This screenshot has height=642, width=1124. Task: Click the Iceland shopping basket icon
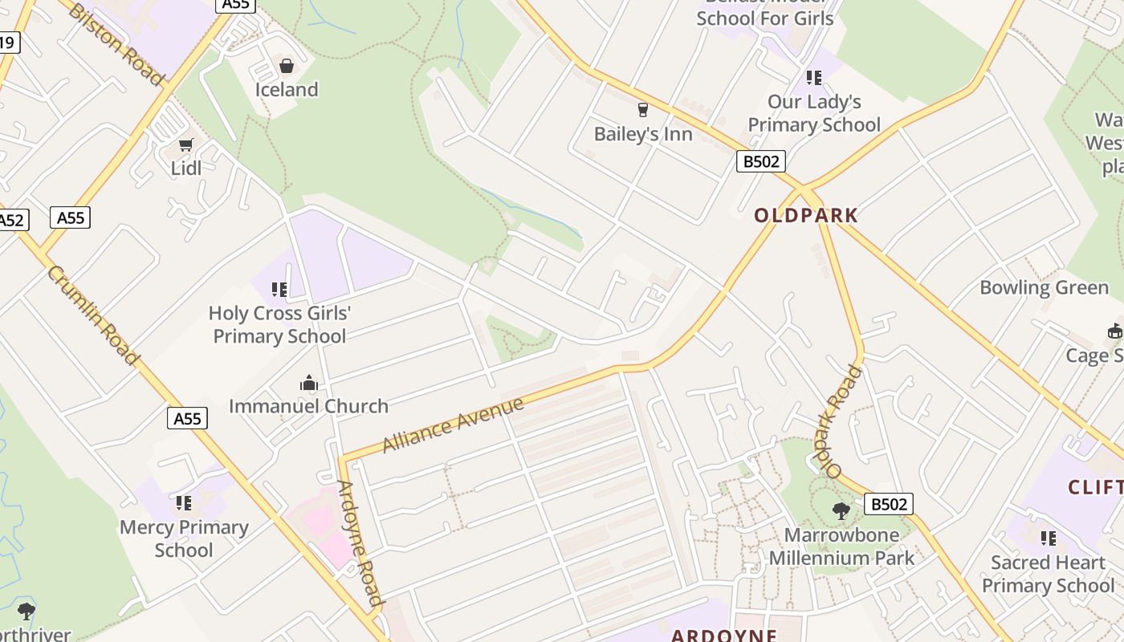click(287, 66)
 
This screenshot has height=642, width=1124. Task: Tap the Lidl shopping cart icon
click(186, 145)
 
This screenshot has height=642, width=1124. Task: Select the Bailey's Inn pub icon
click(642, 110)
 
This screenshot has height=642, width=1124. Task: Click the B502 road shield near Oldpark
click(760, 161)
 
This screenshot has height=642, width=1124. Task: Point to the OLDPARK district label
click(806, 215)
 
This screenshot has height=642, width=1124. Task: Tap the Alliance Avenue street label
click(453, 425)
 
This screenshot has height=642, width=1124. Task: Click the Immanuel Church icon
click(309, 384)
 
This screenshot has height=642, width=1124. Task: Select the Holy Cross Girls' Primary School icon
click(279, 290)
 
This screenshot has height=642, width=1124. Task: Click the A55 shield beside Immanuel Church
click(188, 418)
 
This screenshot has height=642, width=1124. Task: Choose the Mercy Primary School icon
click(184, 503)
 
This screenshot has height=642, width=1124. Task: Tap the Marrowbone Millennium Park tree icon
click(841, 510)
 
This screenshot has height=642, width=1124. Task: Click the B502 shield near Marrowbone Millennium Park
click(889, 504)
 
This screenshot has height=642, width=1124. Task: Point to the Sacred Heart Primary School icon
click(1048, 538)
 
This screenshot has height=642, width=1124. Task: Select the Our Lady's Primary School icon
click(814, 78)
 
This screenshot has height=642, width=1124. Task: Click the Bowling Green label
click(1044, 287)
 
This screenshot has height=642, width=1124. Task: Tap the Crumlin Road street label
click(94, 315)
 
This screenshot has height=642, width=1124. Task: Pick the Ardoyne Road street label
click(359, 542)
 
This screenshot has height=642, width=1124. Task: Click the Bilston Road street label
click(116, 43)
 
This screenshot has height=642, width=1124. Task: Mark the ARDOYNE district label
click(723, 636)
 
